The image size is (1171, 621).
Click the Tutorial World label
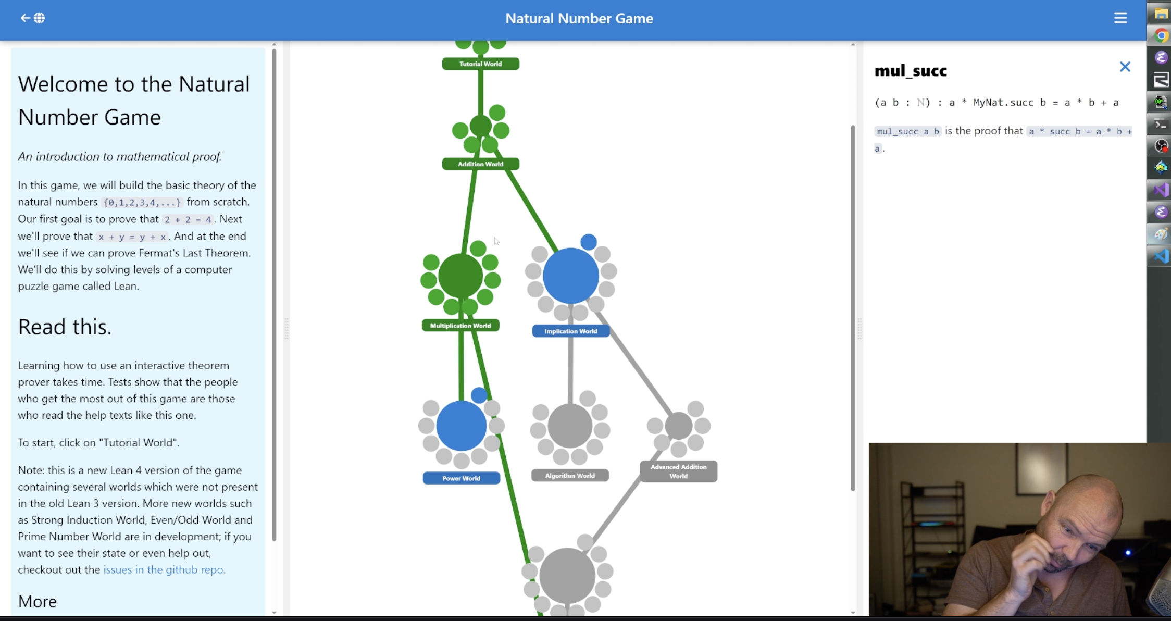pos(480,64)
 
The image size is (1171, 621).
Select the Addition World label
pos(480,164)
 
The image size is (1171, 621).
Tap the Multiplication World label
pos(460,326)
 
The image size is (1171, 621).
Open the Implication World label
pos(570,331)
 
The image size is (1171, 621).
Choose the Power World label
pos(461,478)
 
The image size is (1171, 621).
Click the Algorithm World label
pos(570,476)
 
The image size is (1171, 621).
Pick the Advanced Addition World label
pos(678,471)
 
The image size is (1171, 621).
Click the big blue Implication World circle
pos(570,276)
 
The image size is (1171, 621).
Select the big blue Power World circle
pos(461,426)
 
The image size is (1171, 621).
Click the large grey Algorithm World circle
pos(570,426)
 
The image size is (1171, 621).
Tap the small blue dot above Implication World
pos(588,242)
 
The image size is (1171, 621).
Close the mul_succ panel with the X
pos(1125,67)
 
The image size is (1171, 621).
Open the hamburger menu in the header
pos(1120,18)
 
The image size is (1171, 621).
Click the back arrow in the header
pos(25,18)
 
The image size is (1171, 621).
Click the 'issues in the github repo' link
pos(163,569)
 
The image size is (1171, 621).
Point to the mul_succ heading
pos(911,71)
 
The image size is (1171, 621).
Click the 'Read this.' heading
pos(65,327)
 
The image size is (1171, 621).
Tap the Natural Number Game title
pos(579,18)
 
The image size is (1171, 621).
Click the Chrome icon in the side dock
pos(1161,35)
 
